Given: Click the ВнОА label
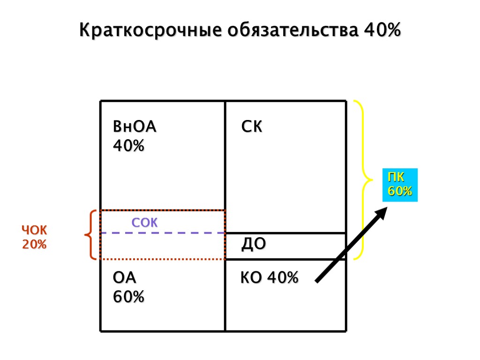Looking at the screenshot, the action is (x=135, y=127).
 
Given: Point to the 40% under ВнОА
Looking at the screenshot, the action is (x=129, y=146).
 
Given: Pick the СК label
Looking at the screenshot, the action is (x=252, y=127).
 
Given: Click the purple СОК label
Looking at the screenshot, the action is (x=145, y=223).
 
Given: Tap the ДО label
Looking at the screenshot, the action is (x=254, y=244).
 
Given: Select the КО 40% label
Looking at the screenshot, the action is (x=270, y=278).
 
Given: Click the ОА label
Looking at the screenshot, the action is (x=125, y=278).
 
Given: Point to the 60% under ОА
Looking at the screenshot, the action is (x=129, y=297).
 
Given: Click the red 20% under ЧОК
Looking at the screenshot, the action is (x=35, y=244).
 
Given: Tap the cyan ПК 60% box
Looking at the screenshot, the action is (x=400, y=185).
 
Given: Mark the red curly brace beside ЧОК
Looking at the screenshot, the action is (x=90, y=234).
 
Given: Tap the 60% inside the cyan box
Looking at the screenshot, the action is (x=400, y=191).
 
